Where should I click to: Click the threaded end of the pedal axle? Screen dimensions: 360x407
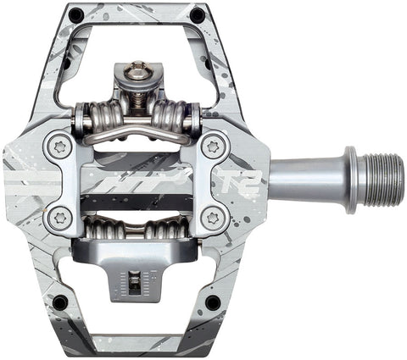(x=379, y=180)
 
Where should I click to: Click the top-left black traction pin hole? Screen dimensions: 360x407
(x=76, y=14)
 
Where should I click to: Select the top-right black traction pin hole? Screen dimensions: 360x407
(x=197, y=14)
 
